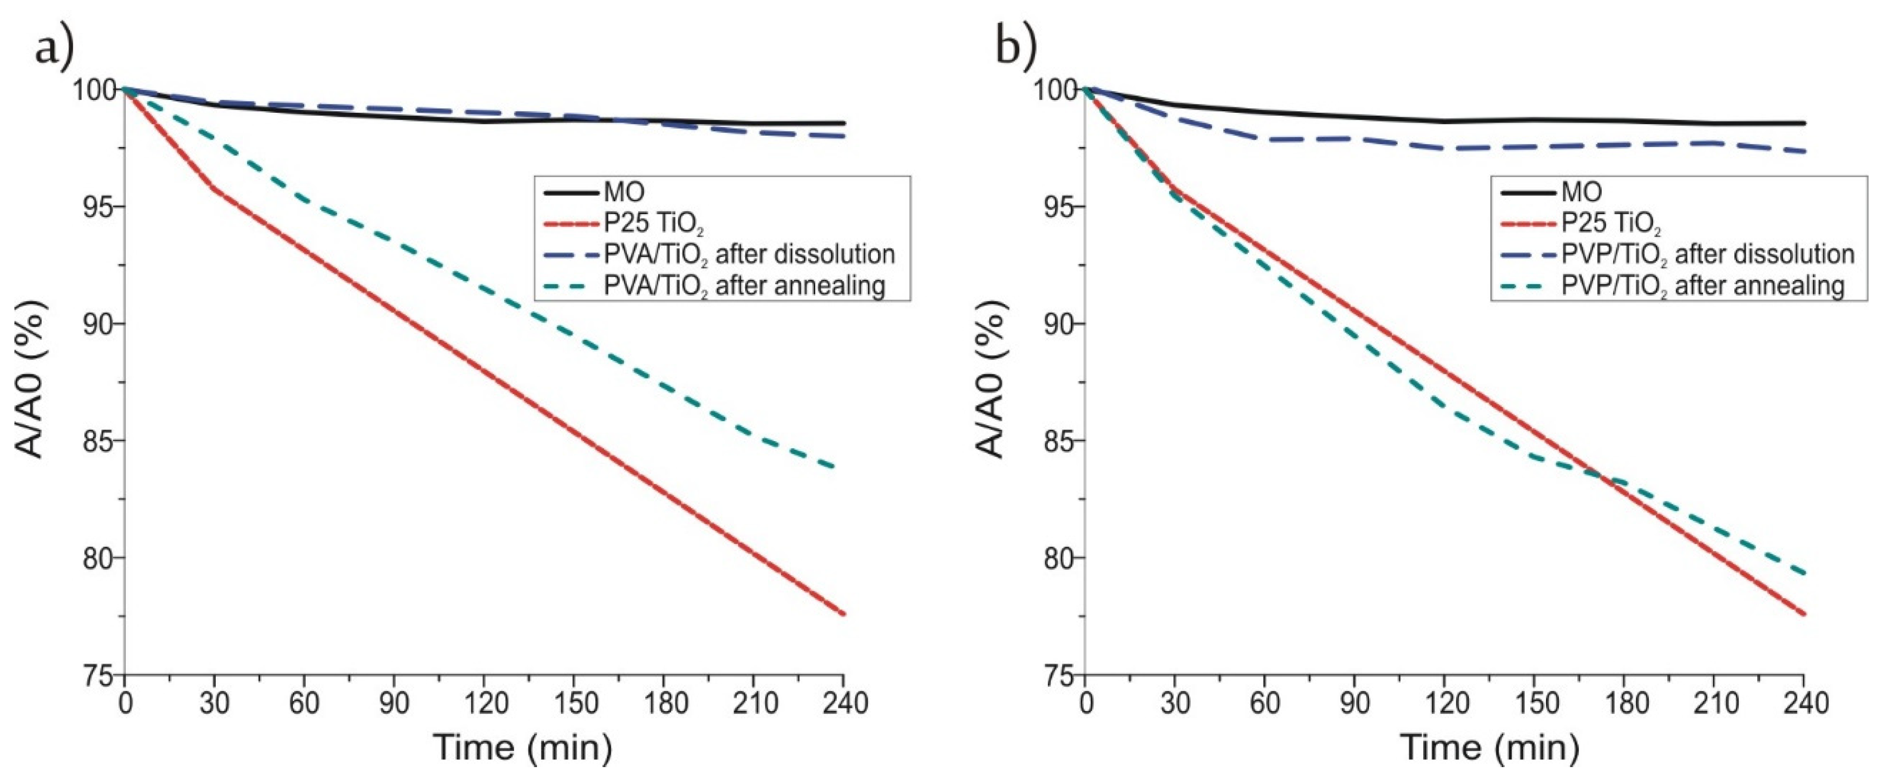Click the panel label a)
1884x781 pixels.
pyautogui.click(x=54, y=49)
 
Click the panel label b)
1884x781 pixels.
pyautogui.click(x=1017, y=49)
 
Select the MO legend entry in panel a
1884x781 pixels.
pyautogui.click(x=624, y=192)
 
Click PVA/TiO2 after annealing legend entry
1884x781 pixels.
pyautogui.click(x=745, y=285)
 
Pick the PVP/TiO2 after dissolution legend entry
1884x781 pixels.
pyautogui.click(x=1708, y=254)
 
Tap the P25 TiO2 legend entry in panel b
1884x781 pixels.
pyautogui.click(x=1610, y=223)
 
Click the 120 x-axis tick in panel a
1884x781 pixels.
pyautogui.click(x=484, y=703)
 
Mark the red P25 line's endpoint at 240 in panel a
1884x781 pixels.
pyautogui.click(x=843, y=614)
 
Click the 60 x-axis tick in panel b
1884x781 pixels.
pyautogui.click(x=1265, y=703)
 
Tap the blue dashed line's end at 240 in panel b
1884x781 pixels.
pyautogui.click(x=1803, y=152)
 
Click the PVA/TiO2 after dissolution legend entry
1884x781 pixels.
pyautogui.click(x=749, y=254)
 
